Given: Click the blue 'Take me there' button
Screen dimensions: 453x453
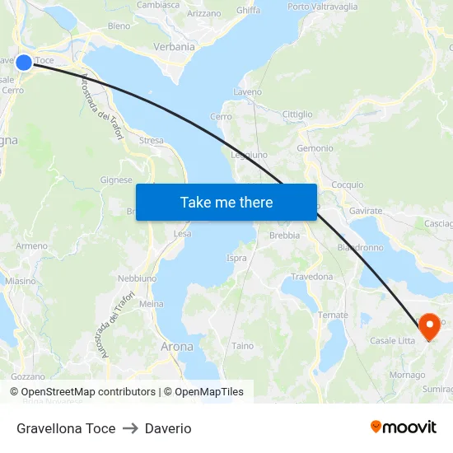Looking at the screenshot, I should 226,202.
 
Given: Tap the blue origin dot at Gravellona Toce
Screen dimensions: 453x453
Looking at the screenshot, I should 24,62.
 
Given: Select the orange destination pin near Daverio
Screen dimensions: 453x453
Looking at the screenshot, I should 429,327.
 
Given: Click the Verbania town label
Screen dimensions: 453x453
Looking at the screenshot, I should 174,47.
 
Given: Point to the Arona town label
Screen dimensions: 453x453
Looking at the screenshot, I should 177,347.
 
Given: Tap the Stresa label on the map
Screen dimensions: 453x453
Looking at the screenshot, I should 152,141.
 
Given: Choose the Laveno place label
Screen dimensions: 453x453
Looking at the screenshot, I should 248,91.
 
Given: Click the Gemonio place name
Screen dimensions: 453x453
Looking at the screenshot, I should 315,148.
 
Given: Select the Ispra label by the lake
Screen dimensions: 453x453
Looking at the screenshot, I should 236,258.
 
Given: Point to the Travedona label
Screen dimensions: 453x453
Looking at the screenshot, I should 311,277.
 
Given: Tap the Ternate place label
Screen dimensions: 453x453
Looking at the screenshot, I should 333,315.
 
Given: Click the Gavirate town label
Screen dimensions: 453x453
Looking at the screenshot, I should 365,211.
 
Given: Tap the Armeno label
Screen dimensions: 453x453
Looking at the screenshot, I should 31,245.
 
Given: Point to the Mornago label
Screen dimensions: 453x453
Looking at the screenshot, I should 407,375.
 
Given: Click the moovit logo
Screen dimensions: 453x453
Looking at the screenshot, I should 404,427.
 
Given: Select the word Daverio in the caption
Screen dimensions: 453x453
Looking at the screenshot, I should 168,428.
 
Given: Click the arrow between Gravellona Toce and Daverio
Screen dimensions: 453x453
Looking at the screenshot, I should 130,428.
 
